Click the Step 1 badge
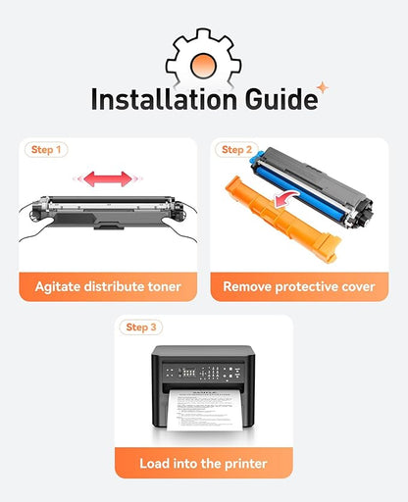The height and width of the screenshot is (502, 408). (x=46, y=150)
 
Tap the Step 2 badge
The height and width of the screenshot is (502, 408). (x=236, y=150)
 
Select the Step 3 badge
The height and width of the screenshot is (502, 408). (x=141, y=327)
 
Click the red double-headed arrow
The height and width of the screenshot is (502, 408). (x=108, y=178)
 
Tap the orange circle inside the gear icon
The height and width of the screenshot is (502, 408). (x=203, y=66)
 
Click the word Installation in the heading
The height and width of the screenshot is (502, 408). (x=164, y=98)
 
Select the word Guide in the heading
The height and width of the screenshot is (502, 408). (x=281, y=98)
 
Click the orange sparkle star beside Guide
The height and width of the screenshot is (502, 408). (x=323, y=87)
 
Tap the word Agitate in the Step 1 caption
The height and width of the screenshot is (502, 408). (x=58, y=287)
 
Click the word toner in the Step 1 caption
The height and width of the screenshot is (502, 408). (x=164, y=287)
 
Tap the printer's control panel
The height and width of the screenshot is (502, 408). (x=203, y=373)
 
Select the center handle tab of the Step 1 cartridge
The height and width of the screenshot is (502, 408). (x=109, y=226)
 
